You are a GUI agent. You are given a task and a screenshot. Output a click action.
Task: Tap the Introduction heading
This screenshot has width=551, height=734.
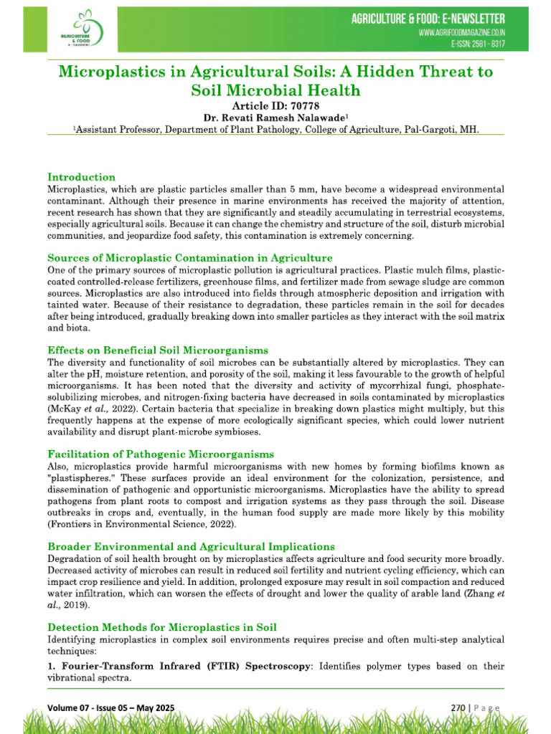(x=81, y=177)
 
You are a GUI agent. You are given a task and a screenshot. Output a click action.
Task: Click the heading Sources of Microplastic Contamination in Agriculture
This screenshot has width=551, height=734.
(x=189, y=258)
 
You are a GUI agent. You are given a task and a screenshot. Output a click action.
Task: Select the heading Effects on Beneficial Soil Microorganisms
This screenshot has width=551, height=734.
(x=158, y=351)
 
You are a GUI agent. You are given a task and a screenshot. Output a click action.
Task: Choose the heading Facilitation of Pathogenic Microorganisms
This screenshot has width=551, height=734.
(x=161, y=454)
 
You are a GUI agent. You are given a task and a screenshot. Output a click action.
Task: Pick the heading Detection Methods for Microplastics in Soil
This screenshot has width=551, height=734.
(x=161, y=628)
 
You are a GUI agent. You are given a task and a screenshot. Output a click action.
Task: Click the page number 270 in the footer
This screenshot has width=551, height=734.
(x=458, y=708)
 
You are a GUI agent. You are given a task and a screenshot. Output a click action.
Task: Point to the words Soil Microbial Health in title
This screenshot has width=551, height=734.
(x=275, y=90)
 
